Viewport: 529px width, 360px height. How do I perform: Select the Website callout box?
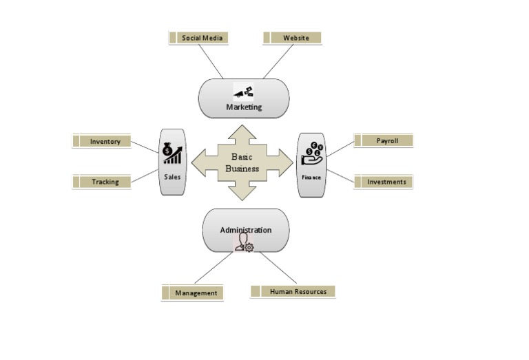point(293,38)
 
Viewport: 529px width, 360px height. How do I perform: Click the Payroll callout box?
point(384,140)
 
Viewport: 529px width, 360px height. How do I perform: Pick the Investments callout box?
point(384,182)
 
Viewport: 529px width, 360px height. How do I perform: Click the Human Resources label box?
point(293,291)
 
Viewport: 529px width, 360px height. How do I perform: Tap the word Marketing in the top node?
point(244,107)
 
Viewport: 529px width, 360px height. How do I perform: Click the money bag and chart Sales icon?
point(172,153)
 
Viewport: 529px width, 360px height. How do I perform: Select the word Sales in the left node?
point(172,176)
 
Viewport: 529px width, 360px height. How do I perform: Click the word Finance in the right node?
point(311,177)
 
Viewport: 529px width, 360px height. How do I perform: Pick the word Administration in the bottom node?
point(245,230)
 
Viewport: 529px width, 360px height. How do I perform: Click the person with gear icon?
point(245,243)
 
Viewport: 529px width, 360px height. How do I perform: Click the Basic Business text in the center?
point(242,162)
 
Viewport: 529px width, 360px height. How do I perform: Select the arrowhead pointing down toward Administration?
point(242,195)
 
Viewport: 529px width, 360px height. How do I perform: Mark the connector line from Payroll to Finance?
point(339,149)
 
